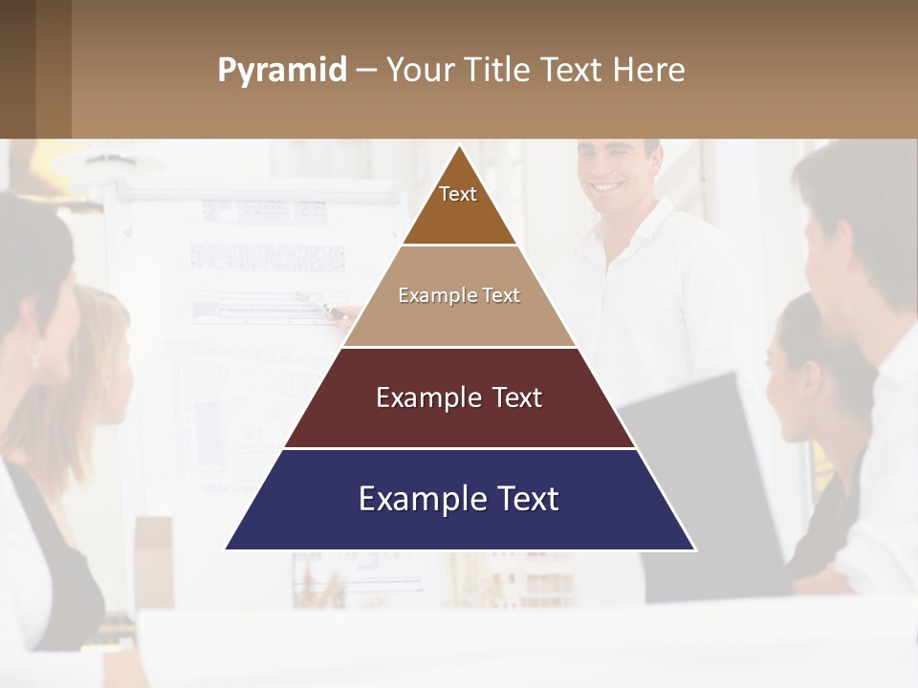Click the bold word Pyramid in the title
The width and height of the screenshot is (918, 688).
(282, 71)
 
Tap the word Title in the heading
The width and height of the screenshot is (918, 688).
(501, 71)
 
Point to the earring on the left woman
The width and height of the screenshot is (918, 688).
(35, 360)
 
